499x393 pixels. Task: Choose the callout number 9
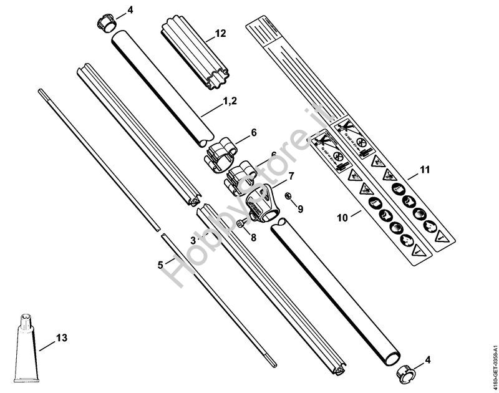pyautogui.click(x=300, y=210)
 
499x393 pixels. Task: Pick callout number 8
pyautogui.click(x=253, y=238)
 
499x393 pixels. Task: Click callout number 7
pyautogui.click(x=291, y=177)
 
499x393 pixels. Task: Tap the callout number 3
pyautogui.click(x=193, y=239)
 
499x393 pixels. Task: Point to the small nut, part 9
pyautogui.click(x=288, y=198)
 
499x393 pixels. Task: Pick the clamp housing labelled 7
pyautogui.click(x=261, y=204)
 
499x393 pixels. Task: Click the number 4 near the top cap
pyautogui.click(x=130, y=10)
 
